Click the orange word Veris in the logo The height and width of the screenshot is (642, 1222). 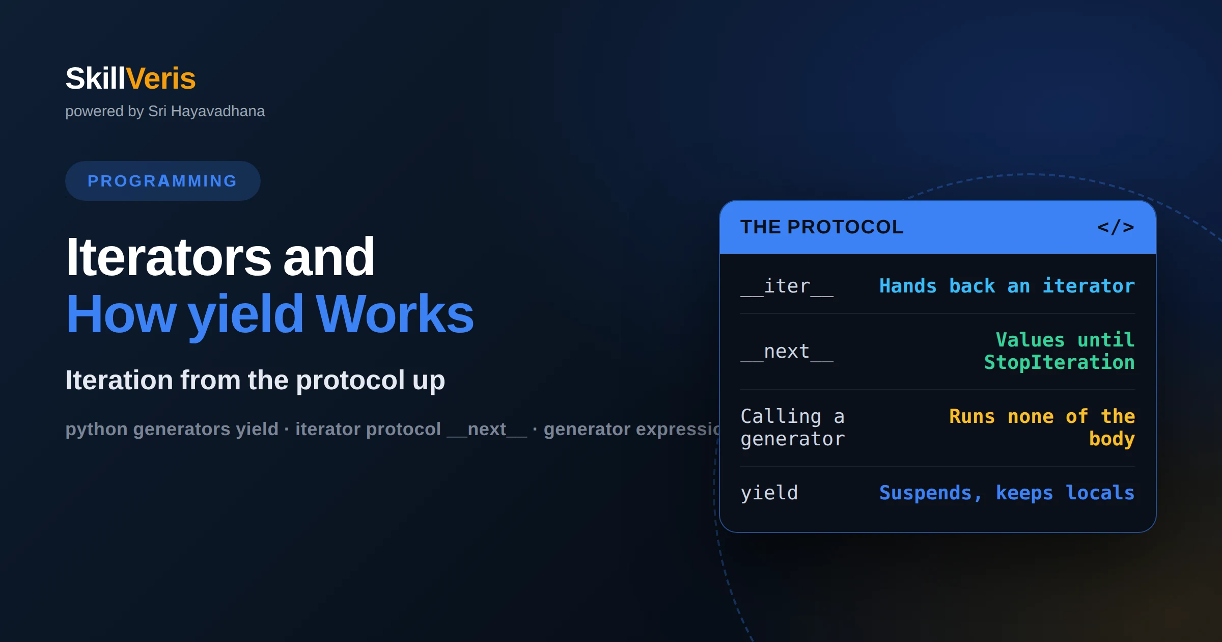point(161,78)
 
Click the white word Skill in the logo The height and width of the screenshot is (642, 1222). point(95,78)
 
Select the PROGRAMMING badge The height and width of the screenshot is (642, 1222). point(162,181)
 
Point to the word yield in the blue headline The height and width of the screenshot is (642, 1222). point(246,315)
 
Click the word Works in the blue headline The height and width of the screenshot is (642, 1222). point(395,314)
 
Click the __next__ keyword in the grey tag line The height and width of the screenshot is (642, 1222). point(487,430)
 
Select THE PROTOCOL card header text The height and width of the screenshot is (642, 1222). point(822,227)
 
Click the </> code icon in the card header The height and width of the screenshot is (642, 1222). point(1116,227)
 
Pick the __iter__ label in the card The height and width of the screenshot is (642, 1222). point(787,286)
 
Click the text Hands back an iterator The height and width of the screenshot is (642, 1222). point(1007,286)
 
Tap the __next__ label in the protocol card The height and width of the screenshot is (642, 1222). point(787,352)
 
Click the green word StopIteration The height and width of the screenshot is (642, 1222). point(1060,362)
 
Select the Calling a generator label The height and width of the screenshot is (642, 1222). point(793,427)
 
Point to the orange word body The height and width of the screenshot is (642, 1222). point(1112,439)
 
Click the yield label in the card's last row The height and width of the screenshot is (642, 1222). point(769,493)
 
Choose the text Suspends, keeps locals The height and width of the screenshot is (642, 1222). point(1007,493)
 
